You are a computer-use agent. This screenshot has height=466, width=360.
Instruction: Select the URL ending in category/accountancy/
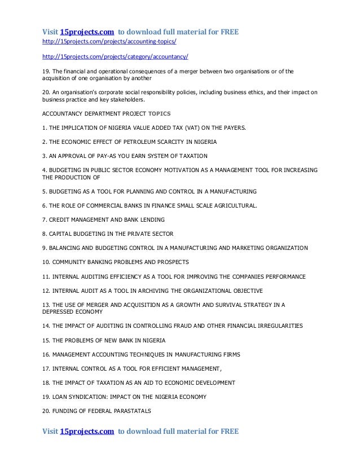116,57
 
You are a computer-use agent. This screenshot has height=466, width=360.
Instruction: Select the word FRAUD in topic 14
192,326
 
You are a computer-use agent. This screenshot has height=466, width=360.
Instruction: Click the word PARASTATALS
124,411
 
